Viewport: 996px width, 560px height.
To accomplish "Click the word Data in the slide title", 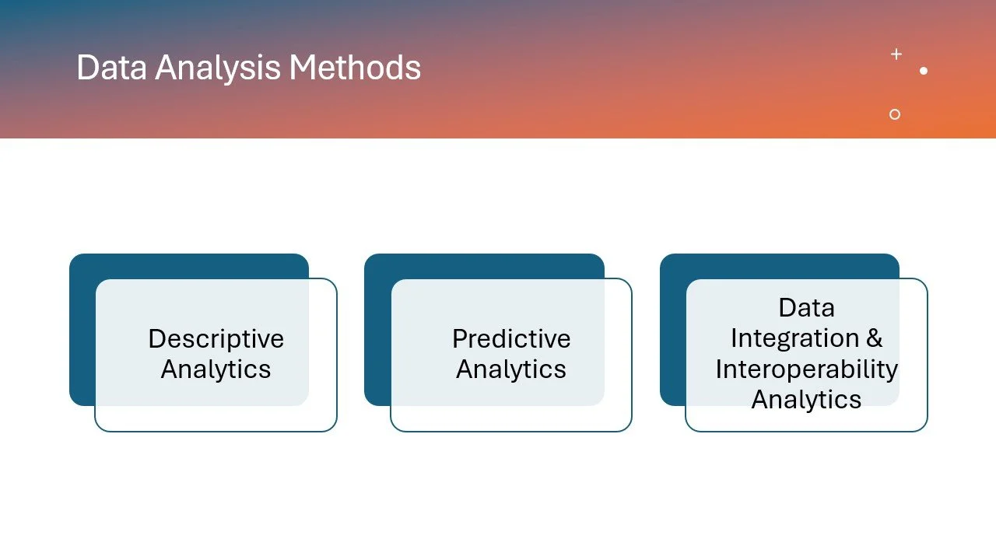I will [112, 68].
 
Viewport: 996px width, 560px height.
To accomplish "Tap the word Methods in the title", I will [355, 68].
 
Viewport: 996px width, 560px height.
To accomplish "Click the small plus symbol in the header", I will [896, 54].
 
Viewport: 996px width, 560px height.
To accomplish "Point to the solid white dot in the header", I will [924, 71].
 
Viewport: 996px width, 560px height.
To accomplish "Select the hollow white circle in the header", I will [895, 114].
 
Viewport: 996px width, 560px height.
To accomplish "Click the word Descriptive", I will [216, 339].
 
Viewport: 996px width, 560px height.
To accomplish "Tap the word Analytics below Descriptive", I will [216, 369].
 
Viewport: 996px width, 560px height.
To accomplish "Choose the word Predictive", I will [511, 339].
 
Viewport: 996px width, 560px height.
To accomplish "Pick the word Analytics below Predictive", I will [511, 369].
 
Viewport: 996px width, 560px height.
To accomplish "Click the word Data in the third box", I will [806, 308].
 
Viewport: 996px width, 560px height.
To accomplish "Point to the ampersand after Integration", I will [874, 338].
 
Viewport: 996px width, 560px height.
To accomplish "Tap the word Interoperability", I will [806, 369].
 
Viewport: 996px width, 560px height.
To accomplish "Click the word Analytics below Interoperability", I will [806, 399].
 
